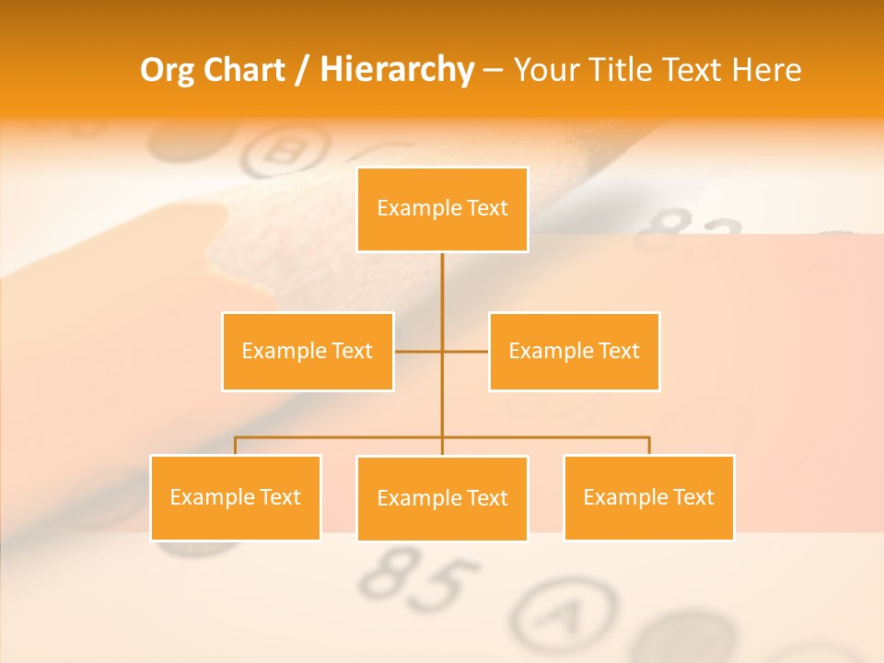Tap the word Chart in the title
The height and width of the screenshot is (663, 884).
244,70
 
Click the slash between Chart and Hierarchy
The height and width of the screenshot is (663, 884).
302,71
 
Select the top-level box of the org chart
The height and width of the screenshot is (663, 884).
442,209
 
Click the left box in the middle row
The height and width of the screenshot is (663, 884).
308,351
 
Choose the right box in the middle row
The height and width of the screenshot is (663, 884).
574,351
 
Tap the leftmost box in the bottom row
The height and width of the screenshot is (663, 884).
236,497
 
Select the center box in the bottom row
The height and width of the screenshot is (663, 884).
442,498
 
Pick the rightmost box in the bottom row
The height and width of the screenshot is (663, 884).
648,497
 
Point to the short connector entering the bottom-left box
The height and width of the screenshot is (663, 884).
236,446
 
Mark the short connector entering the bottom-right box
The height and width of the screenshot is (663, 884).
649,446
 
